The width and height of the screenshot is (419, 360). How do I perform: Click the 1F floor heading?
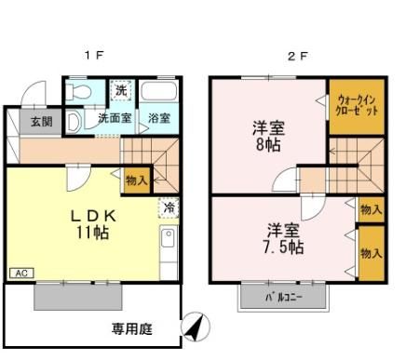pos(93,56)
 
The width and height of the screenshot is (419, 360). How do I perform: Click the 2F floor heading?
pos(297,56)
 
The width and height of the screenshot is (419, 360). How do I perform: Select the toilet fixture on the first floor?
pos(78,93)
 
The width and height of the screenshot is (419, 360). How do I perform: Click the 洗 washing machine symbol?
pos(121,91)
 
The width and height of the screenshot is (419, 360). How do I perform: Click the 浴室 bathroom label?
pos(159,119)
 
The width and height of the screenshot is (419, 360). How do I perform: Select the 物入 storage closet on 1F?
pos(135,180)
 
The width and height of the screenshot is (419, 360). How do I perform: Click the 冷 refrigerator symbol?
pos(169,209)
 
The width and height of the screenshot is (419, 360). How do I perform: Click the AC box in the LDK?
pos(20,272)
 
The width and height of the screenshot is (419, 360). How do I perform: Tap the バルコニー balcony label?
pos(283,297)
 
